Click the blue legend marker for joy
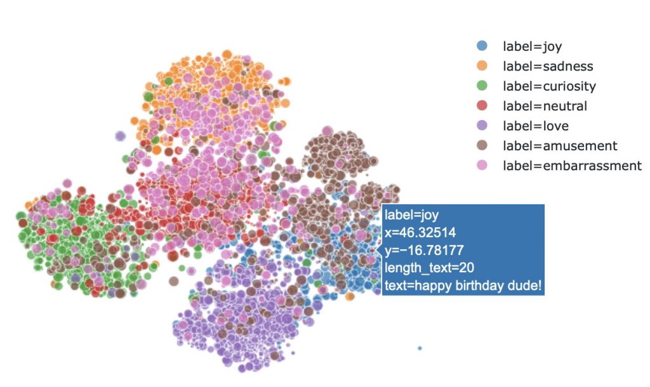(482, 46)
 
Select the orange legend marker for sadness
(482, 65)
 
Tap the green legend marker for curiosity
(482, 86)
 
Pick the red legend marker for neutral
(482, 106)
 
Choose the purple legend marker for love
(482, 126)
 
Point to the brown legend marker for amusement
(482, 146)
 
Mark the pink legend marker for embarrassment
(482, 166)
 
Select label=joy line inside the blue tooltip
(412, 215)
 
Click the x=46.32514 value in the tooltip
(420, 233)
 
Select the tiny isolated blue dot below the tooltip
(420, 348)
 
